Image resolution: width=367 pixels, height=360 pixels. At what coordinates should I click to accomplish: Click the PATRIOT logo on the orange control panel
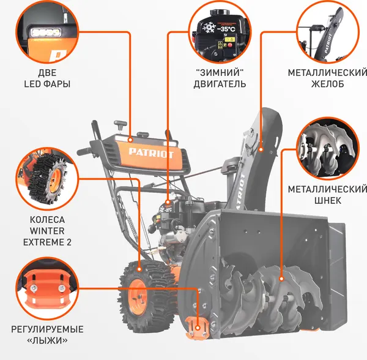point(151,154)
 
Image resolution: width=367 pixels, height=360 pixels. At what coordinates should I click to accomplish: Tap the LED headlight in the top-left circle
point(46,32)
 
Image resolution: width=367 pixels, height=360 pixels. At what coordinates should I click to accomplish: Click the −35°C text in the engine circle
point(226,29)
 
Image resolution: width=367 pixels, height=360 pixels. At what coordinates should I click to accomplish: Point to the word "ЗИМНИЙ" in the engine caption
point(220,72)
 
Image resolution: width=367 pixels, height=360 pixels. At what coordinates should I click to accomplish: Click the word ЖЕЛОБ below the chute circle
point(327,84)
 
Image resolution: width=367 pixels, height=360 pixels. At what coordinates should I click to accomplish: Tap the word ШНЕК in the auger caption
point(327,200)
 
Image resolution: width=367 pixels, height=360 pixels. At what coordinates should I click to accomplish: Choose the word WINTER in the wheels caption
point(47,231)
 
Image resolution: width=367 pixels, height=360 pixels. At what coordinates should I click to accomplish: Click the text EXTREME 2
point(47,242)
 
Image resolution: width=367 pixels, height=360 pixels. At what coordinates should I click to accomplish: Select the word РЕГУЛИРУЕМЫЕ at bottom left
point(47,329)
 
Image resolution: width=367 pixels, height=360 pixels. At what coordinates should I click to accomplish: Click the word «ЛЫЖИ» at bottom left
point(47,340)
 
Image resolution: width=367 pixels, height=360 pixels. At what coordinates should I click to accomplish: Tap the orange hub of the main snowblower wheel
point(138,297)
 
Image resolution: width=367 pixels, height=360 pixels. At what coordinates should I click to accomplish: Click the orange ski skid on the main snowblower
point(198,328)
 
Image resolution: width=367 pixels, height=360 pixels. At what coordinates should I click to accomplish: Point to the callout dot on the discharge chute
point(261,149)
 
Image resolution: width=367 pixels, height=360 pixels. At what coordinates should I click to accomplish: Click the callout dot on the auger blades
point(281,279)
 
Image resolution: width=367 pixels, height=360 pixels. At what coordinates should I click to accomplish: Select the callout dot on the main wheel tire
point(139,269)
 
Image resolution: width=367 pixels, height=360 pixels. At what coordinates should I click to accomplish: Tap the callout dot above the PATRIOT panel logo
point(130,140)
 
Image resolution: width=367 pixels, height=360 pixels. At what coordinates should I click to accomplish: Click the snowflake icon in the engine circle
point(209,28)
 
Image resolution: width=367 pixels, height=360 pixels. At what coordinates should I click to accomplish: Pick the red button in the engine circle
point(231,45)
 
